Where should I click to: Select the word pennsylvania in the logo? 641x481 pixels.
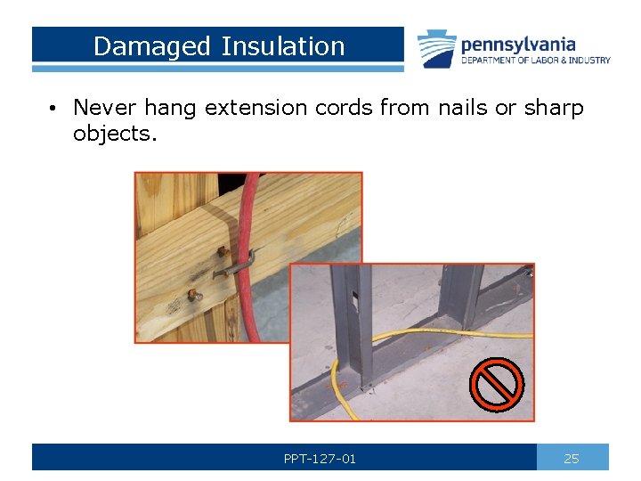pyautogui.click(x=517, y=44)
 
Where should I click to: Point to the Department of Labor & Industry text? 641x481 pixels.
pyautogui.click(x=535, y=61)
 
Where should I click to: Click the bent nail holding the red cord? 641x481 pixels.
pyautogui.click(x=237, y=263)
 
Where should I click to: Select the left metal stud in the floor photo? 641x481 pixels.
pyautogui.click(x=358, y=330)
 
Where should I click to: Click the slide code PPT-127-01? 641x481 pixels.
pyautogui.click(x=320, y=459)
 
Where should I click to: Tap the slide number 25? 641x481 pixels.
pyautogui.click(x=572, y=459)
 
